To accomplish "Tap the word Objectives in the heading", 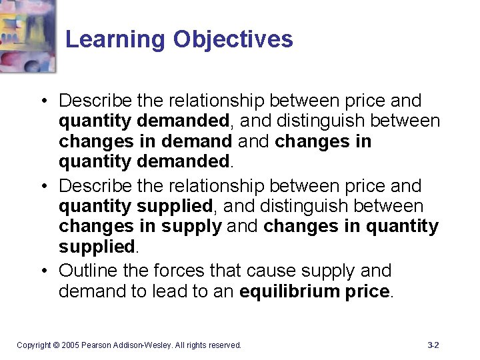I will [x=233, y=39].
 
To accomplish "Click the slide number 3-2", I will [x=433, y=345].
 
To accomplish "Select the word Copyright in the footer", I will [x=33, y=345].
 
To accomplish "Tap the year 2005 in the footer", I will [x=71, y=345].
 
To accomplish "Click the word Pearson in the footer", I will [x=97, y=345].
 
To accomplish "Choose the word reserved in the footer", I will [x=225, y=345].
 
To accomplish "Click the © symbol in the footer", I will [x=57, y=345].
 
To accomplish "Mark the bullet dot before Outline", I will [x=43, y=271].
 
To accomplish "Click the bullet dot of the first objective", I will [x=43, y=101].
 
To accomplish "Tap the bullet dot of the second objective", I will [x=43, y=186].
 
